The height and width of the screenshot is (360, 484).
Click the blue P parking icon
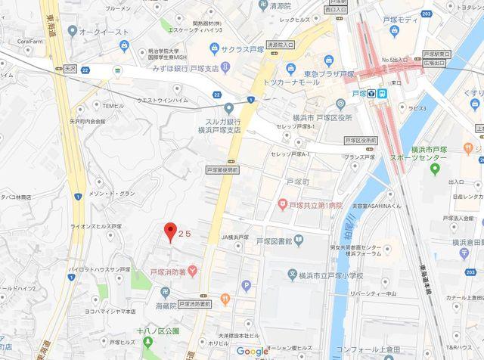246,285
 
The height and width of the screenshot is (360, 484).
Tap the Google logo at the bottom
253,351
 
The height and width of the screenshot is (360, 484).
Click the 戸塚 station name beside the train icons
359,94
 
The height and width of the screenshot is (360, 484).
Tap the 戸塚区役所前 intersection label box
360,141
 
